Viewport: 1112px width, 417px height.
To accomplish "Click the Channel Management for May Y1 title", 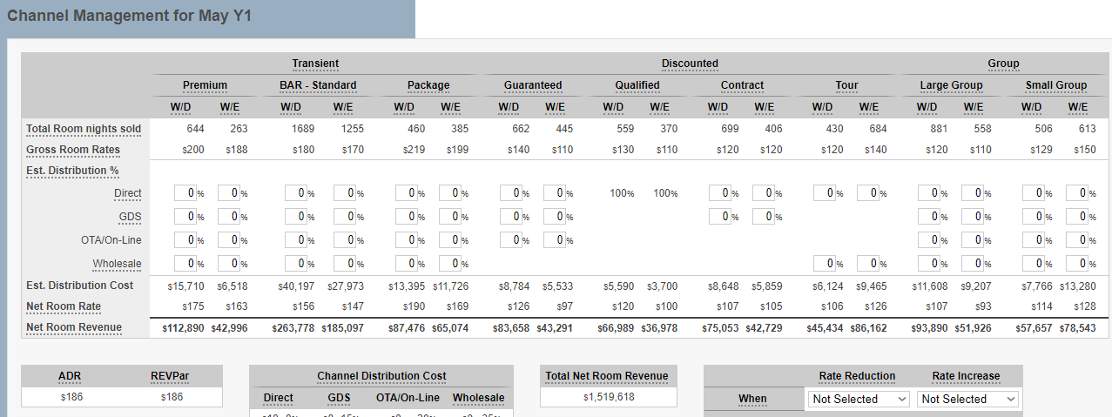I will click(130, 17).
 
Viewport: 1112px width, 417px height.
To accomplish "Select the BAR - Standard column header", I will click(318, 85).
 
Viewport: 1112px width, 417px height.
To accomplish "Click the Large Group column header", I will click(951, 85).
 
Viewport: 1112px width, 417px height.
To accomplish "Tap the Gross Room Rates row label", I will click(72, 150).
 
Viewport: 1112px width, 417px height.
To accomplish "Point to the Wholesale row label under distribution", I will click(117, 264).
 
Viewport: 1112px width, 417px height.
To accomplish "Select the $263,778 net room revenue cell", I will click(292, 328).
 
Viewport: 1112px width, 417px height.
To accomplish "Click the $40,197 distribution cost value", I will click(292, 286).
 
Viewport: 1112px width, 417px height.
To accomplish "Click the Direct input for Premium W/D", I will click(184, 193).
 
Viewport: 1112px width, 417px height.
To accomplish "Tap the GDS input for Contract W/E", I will click(762, 217).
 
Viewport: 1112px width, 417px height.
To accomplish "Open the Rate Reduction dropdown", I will click(859, 399).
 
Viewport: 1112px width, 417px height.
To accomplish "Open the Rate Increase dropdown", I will click(967, 399).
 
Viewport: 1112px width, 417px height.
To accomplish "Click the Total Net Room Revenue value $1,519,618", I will click(608, 397).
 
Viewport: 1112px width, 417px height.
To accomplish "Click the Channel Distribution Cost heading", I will click(381, 376).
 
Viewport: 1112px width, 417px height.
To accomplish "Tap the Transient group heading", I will click(315, 64).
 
